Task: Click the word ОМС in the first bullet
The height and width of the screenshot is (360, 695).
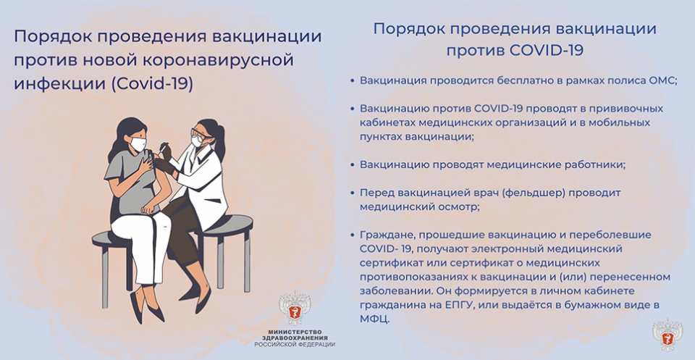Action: [661, 80]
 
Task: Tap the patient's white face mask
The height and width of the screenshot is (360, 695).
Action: [138, 145]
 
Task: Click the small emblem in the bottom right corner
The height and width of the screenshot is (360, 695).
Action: [667, 335]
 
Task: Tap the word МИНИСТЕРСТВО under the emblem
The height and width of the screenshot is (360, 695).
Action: [295, 332]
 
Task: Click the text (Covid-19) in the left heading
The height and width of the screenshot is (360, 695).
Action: [153, 84]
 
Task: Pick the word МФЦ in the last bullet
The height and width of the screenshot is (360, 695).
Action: [374, 319]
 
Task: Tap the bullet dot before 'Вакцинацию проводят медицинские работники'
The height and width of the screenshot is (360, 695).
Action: [353, 165]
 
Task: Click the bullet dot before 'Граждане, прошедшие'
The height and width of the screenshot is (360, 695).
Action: [353, 235]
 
